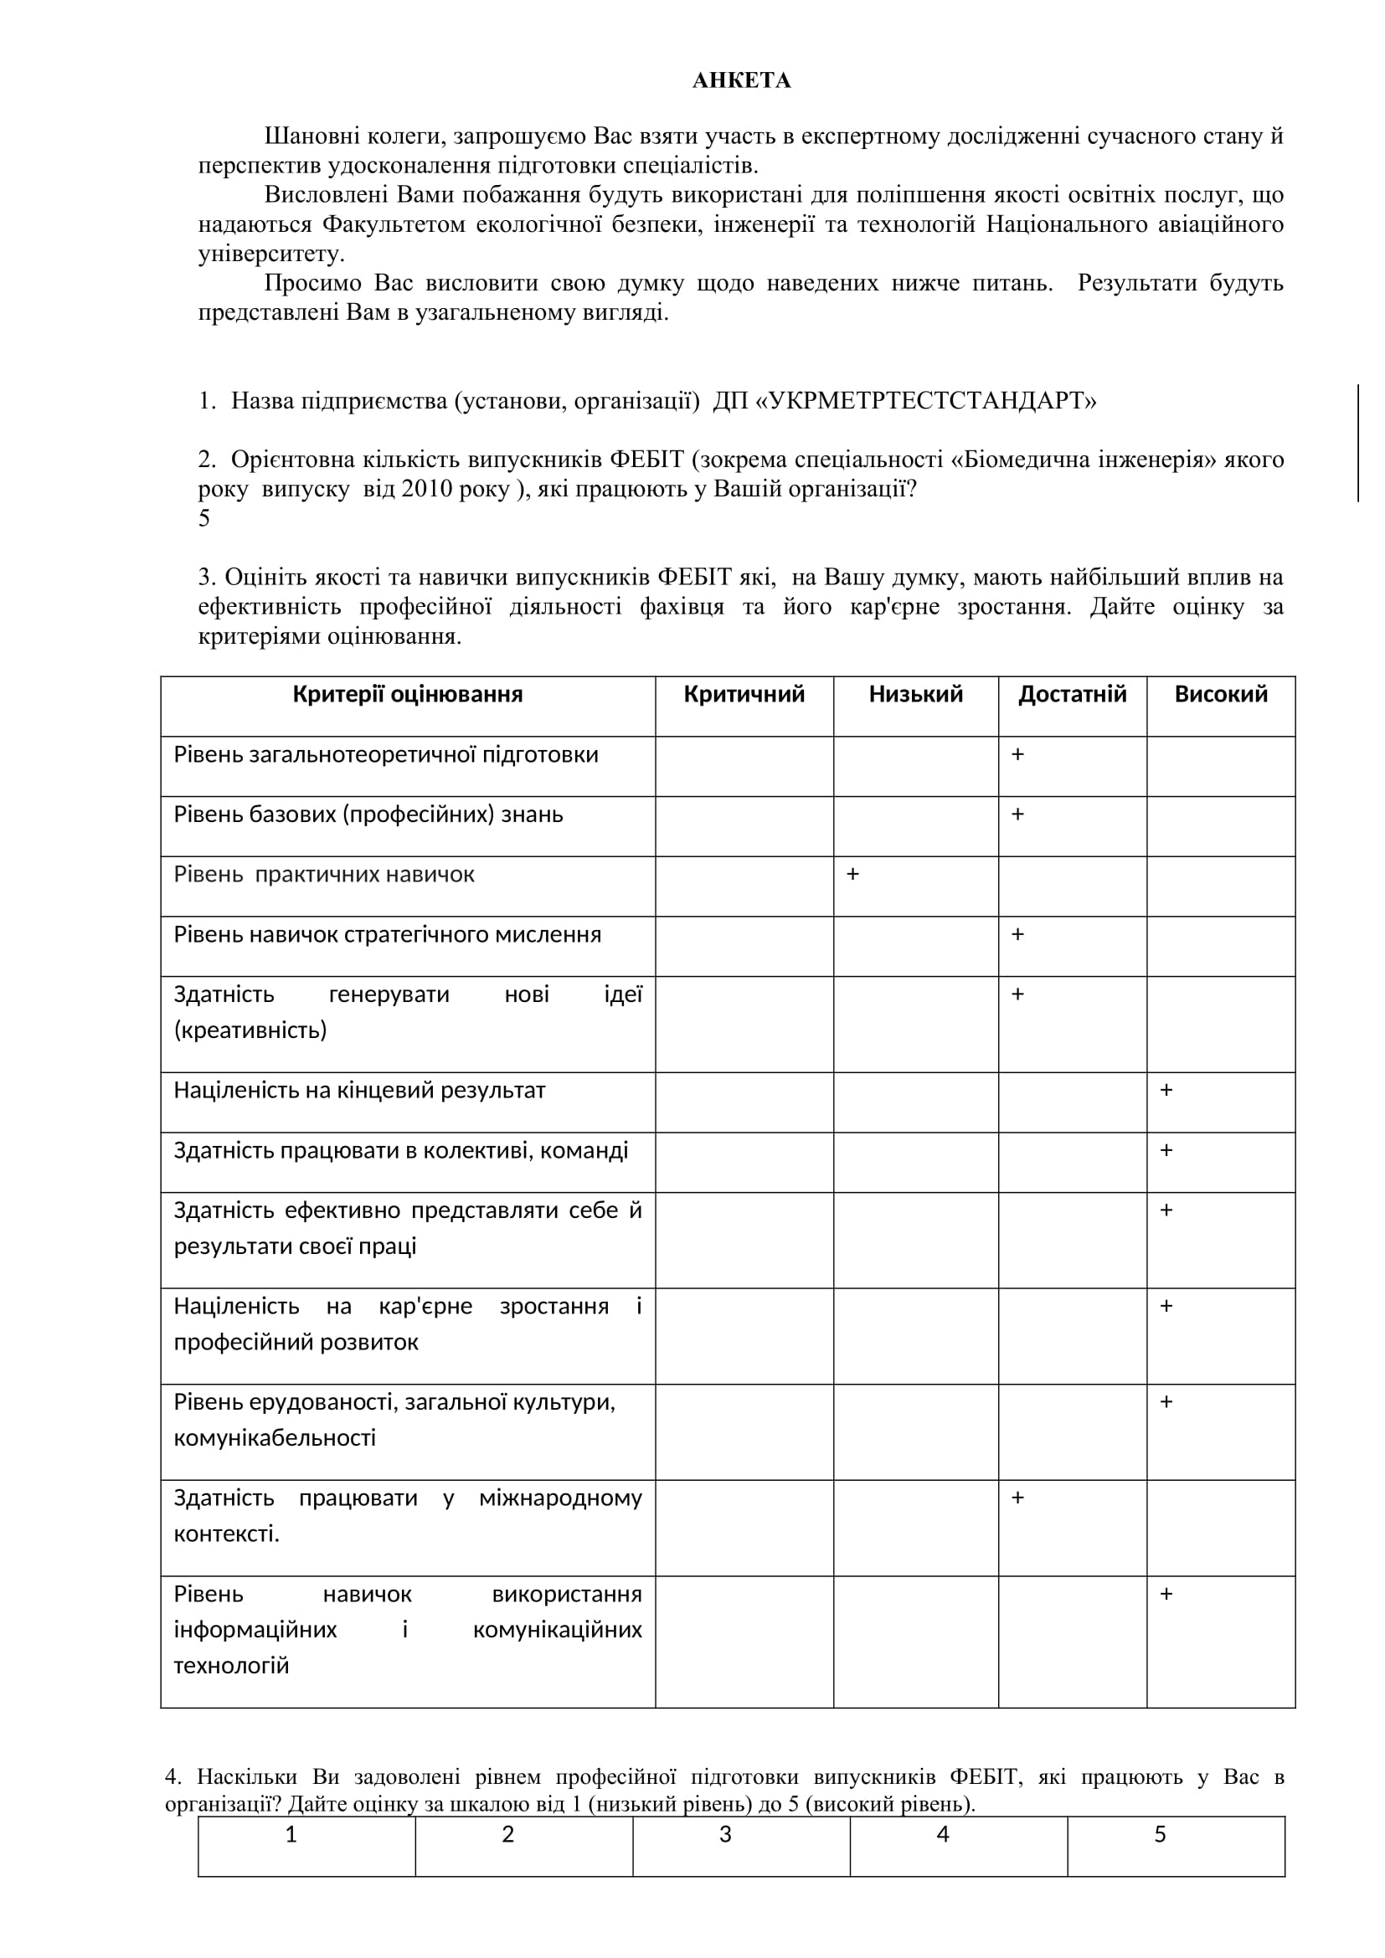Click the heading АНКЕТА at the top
coord(741,80)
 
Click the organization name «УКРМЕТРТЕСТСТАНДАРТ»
coord(926,401)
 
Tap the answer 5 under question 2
coord(204,518)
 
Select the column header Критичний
coord(744,694)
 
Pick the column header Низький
coord(916,694)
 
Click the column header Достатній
coord(1072,694)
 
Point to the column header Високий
coord(1220,694)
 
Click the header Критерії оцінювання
coord(408,694)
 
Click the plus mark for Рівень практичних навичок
coord(852,874)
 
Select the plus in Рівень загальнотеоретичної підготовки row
coord(1017,755)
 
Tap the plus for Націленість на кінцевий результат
coord(1166,1090)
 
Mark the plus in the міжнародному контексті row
coord(1017,1498)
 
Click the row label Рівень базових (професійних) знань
coord(368,815)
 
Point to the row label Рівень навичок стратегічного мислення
coord(387,935)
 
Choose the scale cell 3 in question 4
coord(726,1834)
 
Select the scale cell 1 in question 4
coord(291,1834)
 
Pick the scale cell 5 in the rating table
coord(1160,1834)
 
